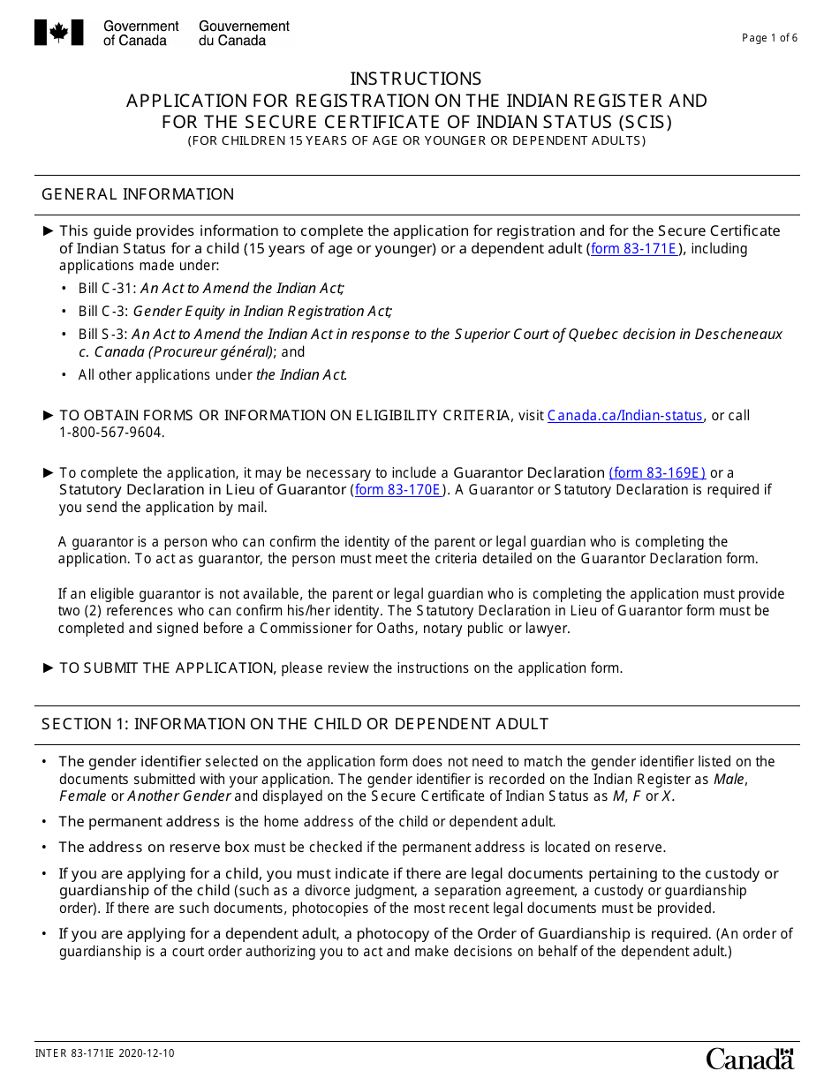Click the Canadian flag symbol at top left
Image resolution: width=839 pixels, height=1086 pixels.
(58, 33)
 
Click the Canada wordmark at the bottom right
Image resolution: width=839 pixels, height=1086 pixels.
(750, 1058)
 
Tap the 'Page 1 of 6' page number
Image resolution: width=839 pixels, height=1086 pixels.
(769, 38)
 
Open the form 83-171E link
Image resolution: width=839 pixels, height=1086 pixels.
(633, 249)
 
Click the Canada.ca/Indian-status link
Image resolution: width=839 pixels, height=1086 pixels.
(624, 416)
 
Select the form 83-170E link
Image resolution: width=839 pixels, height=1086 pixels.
(397, 490)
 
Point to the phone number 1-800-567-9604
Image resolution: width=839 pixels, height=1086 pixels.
(111, 433)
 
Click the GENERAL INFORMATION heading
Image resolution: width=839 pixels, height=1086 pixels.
(138, 194)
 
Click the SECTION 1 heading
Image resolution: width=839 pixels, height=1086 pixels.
(295, 724)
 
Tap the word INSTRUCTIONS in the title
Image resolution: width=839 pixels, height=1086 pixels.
(416, 79)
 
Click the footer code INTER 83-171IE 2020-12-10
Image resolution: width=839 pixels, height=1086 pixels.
(104, 1053)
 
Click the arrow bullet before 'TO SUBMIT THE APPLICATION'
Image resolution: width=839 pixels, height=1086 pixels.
(49, 667)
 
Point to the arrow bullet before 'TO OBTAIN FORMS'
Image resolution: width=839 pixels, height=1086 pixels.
(49, 415)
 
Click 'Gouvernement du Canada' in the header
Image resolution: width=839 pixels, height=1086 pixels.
(244, 34)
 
